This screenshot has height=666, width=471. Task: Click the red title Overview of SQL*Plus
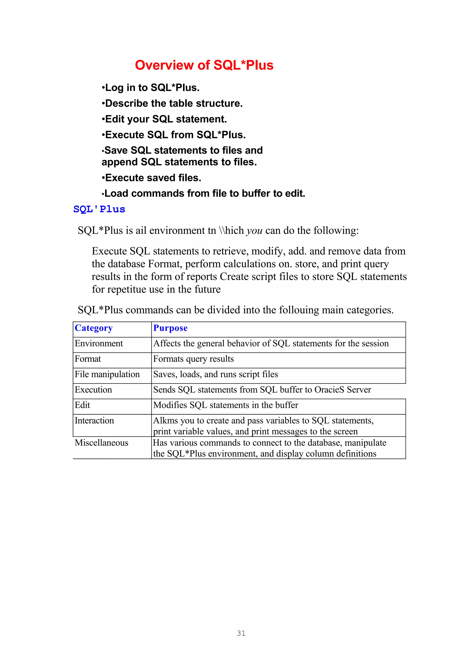204,65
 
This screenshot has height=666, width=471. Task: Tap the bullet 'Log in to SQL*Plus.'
151,88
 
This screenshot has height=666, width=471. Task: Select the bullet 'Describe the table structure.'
172,103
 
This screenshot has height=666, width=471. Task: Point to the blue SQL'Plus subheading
99,209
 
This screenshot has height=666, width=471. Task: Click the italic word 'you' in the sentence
254,231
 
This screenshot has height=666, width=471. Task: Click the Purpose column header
170,328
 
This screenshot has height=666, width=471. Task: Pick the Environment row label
99,343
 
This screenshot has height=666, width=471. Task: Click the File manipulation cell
107,374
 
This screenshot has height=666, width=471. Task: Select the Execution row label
93,390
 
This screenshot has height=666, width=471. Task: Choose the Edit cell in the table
82,405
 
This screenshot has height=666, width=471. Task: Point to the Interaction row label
94,421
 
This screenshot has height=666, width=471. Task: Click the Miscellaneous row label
101,443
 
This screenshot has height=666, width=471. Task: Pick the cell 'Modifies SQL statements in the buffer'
225,405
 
